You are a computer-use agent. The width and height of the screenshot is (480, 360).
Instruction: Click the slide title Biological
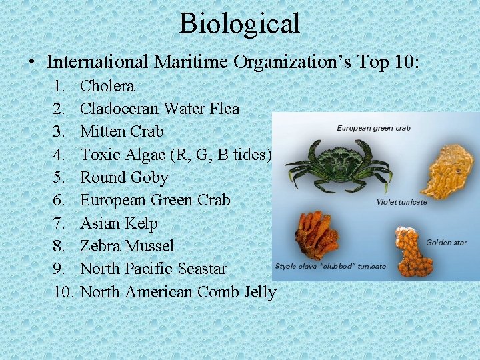tap(240, 23)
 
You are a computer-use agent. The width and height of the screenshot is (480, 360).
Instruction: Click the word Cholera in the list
tap(107, 86)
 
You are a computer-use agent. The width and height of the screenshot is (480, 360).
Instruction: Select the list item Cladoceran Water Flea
tap(159, 109)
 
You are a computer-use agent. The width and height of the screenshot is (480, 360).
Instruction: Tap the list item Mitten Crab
tap(121, 131)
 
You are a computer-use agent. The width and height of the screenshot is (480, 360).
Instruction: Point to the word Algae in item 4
tap(147, 155)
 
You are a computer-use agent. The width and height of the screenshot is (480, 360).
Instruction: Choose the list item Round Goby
tap(124, 177)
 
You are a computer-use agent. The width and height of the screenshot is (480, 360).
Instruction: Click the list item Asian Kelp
tap(119, 223)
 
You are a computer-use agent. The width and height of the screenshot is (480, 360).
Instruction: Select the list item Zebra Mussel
tap(127, 246)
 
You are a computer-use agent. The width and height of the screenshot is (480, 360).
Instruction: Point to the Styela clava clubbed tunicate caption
tap(330, 266)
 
